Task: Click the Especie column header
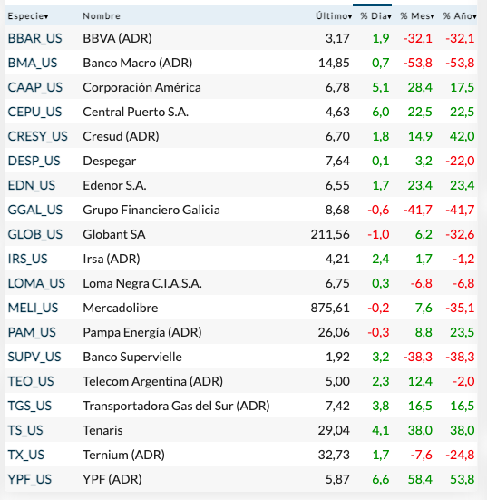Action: click(28, 16)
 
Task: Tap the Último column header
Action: click(334, 16)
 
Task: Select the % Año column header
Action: click(458, 16)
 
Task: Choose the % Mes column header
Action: click(416, 16)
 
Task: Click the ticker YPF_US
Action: click(30, 478)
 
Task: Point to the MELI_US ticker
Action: click(33, 308)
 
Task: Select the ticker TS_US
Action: click(27, 429)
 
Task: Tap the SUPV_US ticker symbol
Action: click(34, 357)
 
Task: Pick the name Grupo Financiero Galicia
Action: click(151, 210)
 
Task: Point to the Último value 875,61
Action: click(331, 308)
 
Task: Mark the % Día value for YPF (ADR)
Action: click(381, 478)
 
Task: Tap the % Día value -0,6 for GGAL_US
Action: click(379, 210)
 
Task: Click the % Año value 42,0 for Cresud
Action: click(463, 136)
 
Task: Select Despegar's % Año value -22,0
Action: click(461, 161)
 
